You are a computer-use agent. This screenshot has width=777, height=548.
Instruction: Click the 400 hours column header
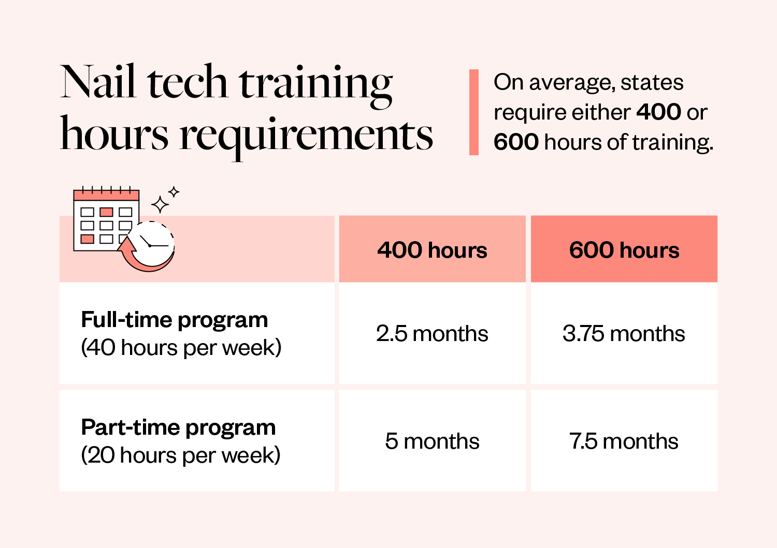click(x=432, y=250)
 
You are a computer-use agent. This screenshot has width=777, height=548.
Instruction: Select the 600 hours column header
click(x=624, y=250)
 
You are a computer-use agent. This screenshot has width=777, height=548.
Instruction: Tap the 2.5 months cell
click(x=432, y=334)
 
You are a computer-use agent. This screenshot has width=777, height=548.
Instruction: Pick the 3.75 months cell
click(x=624, y=334)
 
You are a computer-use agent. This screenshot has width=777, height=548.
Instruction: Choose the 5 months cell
click(x=432, y=441)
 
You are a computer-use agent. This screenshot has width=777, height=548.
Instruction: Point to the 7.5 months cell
click(x=624, y=441)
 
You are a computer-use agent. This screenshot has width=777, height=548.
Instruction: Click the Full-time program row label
click(x=175, y=320)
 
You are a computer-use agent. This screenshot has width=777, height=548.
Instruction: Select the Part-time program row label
click(x=178, y=427)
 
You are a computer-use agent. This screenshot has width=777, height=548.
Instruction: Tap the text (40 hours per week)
click(x=181, y=348)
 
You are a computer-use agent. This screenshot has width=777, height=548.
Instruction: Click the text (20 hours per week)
click(x=181, y=455)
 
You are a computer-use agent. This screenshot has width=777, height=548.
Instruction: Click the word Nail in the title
click(x=98, y=82)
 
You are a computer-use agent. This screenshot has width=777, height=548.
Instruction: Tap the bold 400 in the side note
click(x=658, y=112)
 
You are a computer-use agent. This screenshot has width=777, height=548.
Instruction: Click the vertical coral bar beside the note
click(x=474, y=112)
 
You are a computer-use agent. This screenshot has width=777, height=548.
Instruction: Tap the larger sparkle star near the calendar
click(x=160, y=205)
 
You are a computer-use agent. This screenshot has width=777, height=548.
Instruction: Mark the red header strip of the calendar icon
click(x=106, y=196)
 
